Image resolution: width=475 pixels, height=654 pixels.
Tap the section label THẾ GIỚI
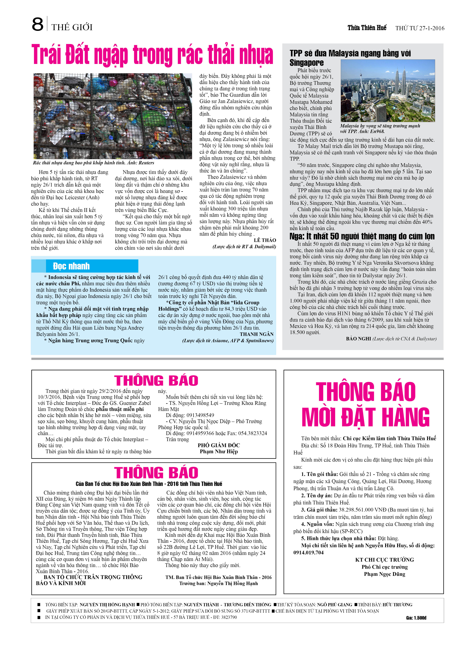(72, 27)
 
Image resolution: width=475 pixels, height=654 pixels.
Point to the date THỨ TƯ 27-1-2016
(420, 28)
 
